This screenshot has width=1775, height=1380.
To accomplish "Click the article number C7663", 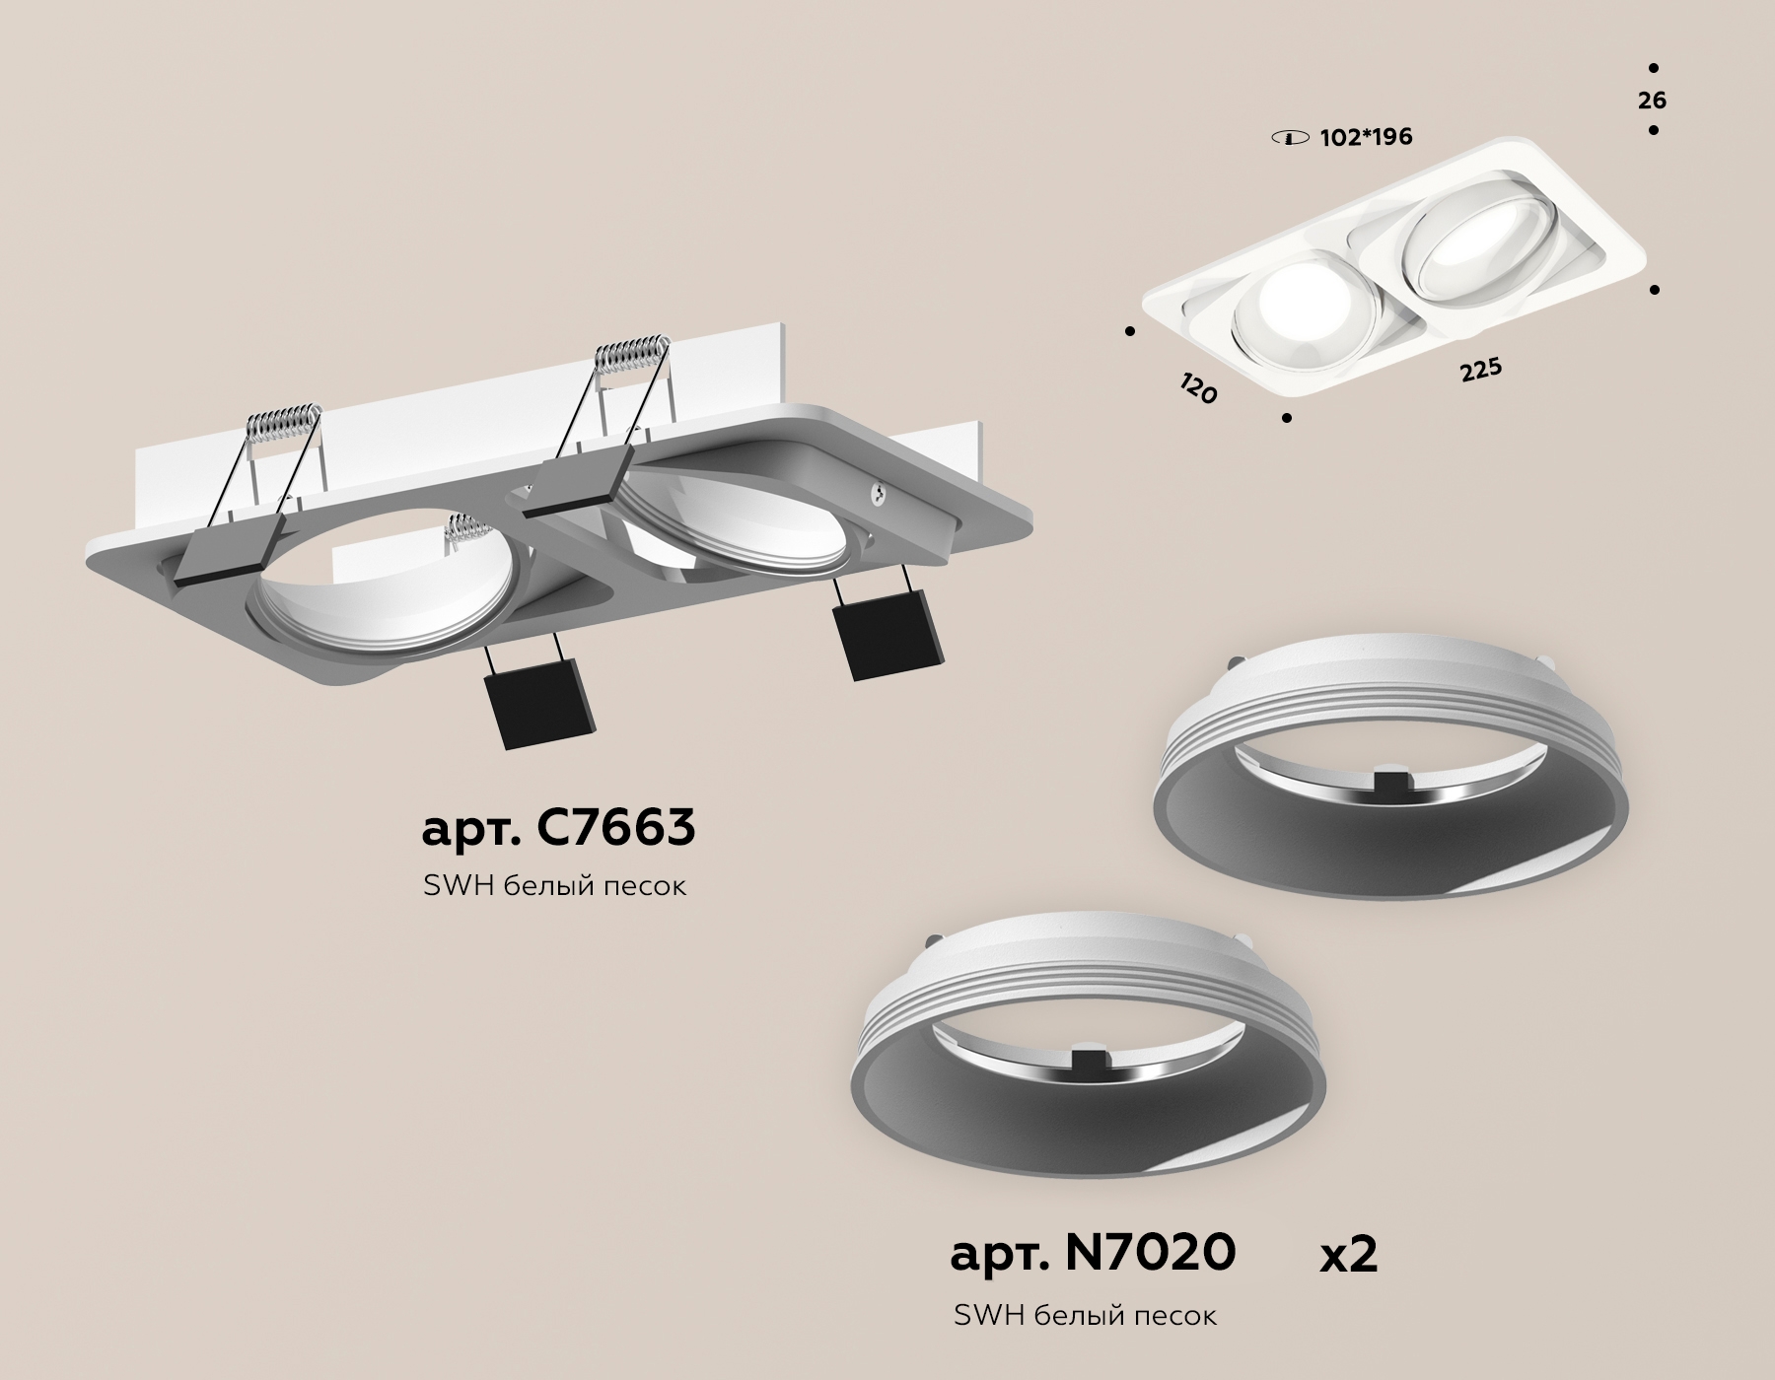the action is pyautogui.click(x=558, y=828).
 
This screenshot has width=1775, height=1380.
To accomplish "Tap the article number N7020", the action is pyautogui.click(x=1093, y=1253).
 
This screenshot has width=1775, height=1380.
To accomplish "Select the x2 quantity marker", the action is pyautogui.click(x=1348, y=1256).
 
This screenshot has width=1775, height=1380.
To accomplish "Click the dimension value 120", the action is pyautogui.click(x=1198, y=387).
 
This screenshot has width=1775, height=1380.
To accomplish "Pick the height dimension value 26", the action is pyautogui.click(x=1653, y=101).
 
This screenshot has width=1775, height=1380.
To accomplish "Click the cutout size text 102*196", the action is pyautogui.click(x=1366, y=137).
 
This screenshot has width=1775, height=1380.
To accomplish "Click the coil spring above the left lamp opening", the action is pyautogui.click(x=282, y=421).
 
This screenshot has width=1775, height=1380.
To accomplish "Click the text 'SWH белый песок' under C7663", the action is pyautogui.click(x=554, y=886).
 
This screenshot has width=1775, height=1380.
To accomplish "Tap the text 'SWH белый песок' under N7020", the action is pyautogui.click(x=1085, y=1315).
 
